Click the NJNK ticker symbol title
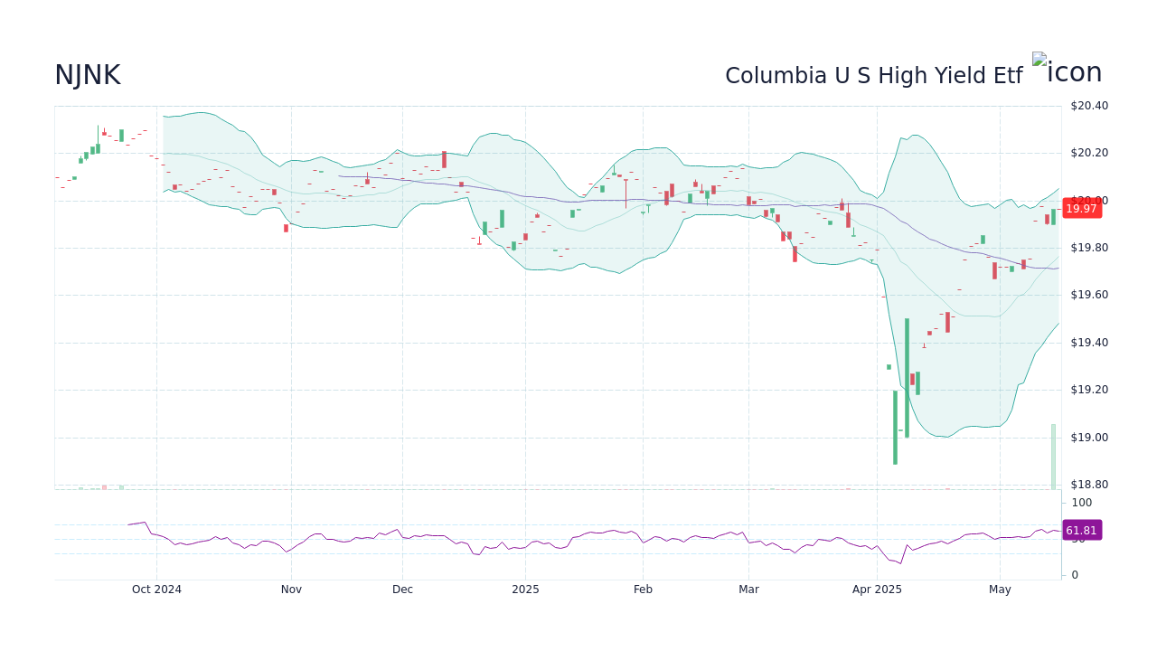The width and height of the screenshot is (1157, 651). point(88,76)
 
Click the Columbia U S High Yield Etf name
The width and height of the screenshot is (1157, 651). point(873,76)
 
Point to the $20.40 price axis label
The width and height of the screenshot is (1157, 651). point(1088,106)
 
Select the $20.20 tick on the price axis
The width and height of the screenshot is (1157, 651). point(1088,153)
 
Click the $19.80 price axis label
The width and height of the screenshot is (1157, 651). point(1088,248)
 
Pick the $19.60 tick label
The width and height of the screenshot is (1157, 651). point(1088,295)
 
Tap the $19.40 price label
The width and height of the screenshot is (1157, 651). point(1088,343)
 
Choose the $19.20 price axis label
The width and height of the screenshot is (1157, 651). point(1088,390)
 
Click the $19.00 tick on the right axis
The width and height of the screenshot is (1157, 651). point(1088,438)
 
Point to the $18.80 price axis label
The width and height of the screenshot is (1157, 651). point(1088,485)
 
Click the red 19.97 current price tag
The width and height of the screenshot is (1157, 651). point(1081,209)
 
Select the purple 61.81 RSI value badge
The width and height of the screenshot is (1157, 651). point(1081,531)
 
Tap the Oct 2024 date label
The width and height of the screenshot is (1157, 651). point(156,590)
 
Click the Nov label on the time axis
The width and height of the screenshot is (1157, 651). point(291,590)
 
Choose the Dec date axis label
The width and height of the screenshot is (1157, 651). point(402,590)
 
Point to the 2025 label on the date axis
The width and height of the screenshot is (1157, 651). point(525,590)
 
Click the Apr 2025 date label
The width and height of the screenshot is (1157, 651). point(877,590)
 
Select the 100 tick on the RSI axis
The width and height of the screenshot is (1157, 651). point(1082,503)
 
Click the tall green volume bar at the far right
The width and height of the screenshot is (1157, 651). point(1053,457)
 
